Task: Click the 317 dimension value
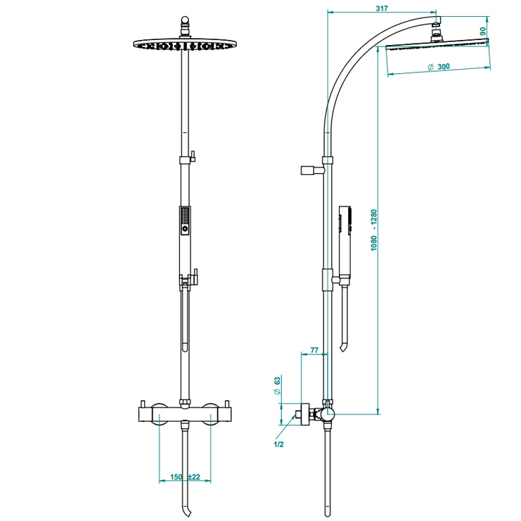382,8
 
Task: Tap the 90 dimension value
483,32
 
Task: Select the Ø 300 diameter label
439,67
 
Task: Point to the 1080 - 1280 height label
374,230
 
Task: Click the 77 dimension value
314,350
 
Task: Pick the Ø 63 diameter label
277,385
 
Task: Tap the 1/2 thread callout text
278,444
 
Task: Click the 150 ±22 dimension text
185,477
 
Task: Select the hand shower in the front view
185,221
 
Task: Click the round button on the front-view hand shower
185,229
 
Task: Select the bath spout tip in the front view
187,512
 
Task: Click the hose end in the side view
343,348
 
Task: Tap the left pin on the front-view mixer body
143,404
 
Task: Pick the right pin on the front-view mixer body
228,404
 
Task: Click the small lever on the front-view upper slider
193,156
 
